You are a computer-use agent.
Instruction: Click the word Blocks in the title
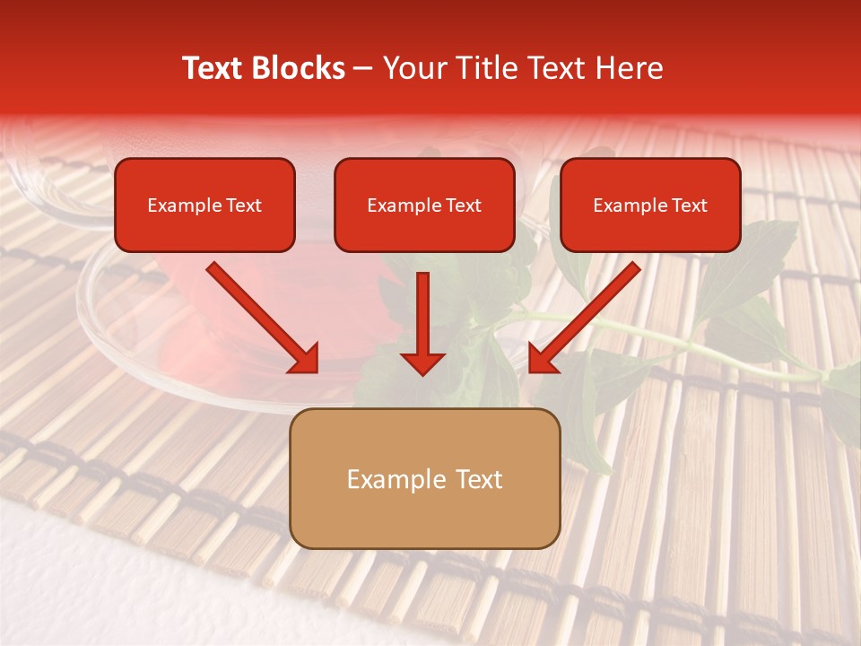[x=298, y=68]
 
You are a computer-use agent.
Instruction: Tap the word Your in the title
[x=414, y=68]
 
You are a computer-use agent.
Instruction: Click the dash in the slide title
[x=363, y=69]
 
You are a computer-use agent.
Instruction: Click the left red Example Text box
[x=204, y=205]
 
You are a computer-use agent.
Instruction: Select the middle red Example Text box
[x=424, y=205]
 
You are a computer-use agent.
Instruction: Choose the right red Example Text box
[x=650, y=205]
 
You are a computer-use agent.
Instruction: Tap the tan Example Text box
[x=424, y=478]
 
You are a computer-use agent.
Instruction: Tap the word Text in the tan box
[x=479, y=479]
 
